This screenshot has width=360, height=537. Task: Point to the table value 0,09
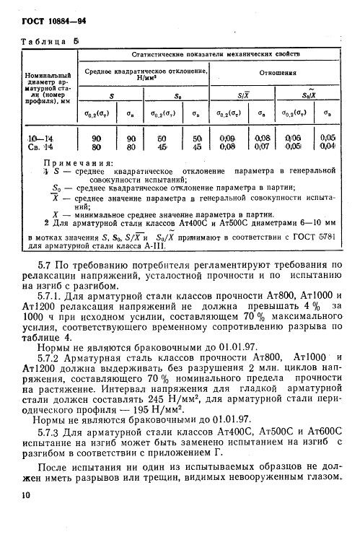click(228, 137)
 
